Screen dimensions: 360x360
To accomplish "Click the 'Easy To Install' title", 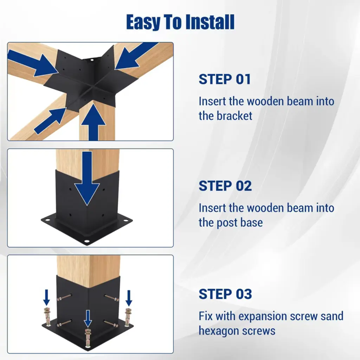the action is click(x=180, y=22).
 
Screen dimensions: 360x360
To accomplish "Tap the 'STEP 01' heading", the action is click(x=225, y=79).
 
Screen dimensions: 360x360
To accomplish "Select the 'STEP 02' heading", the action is click(x=225, y=186).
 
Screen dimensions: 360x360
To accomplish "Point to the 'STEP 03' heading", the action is click(x=225, y=294).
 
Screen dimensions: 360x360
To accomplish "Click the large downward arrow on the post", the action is click(x=87, y=178).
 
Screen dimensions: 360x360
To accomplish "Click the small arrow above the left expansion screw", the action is click(x=47, y=297).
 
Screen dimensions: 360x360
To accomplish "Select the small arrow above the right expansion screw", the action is click(x=129, y=298).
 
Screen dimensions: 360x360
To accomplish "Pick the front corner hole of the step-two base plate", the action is click(x=87, y=242).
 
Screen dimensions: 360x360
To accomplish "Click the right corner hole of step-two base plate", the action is click(x=126, y=220).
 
